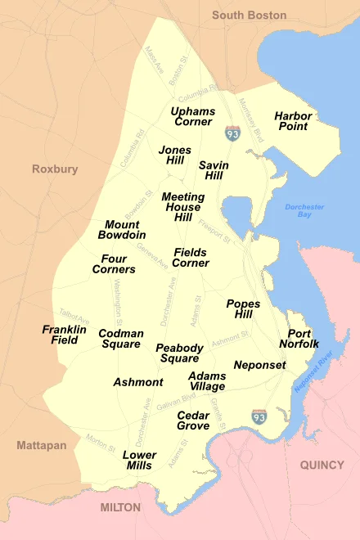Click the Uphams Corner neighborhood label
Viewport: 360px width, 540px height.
pos(193,116)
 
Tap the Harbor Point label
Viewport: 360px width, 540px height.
pos(292,121)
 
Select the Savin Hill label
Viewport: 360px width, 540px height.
pos(214,170)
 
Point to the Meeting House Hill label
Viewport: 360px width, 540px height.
pos(182,207)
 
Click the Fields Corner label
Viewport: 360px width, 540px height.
pos(191,258)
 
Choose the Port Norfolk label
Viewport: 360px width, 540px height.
pos(299,339)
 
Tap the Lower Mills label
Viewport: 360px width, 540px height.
pos(139,460)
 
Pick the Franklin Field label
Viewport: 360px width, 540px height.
pos(65,335)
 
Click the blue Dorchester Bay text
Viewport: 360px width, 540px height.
pos(304,211)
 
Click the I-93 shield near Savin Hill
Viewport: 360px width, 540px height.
pos(233,133)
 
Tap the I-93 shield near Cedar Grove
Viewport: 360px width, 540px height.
pos(259,416)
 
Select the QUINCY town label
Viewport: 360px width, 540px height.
pos(322,465)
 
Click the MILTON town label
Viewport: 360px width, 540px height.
pos(120,507)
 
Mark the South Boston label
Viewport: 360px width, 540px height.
pos(249,15)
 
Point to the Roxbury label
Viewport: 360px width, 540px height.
pos(55,169)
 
